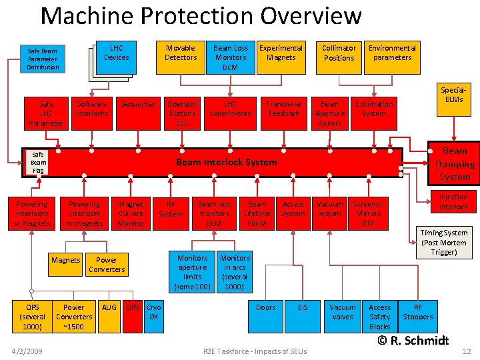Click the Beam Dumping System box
coord(455,163)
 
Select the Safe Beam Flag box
coord(38,162)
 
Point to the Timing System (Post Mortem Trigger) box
coord(444,243)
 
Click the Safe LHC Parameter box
coord(46,113)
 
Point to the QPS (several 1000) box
coord(32,316)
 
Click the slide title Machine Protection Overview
coord(201,15)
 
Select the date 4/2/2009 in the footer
coord(29,351)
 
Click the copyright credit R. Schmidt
coord(413,340)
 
